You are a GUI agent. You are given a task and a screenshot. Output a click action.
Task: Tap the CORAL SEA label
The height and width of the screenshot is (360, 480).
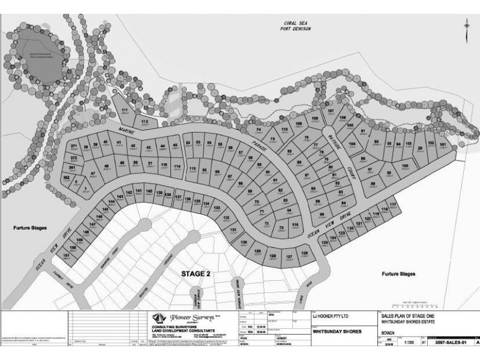[x=298, y=24]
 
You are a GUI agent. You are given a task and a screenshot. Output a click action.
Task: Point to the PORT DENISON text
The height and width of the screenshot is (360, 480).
[x=298, y=31]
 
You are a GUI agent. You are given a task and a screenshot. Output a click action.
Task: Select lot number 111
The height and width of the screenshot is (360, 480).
[x=125, y=112]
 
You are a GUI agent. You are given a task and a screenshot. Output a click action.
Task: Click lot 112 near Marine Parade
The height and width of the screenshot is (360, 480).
[x=144, y=122]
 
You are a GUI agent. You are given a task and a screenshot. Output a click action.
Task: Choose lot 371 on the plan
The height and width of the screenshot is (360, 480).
[x=74, y=146]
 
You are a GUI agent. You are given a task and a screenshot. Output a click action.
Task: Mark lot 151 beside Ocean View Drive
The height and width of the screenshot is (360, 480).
[x=67, y=256]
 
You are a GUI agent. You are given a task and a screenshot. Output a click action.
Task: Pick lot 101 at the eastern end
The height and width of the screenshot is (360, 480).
[x=443, y=145]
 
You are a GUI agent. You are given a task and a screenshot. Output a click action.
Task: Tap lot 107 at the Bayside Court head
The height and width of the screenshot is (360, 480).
[x=331, y=112]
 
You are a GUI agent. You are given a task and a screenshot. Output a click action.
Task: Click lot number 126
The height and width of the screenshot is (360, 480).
[x=304, y=254]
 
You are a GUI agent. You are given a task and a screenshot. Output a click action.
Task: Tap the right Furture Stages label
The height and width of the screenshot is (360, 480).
[x=398, y=274]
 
